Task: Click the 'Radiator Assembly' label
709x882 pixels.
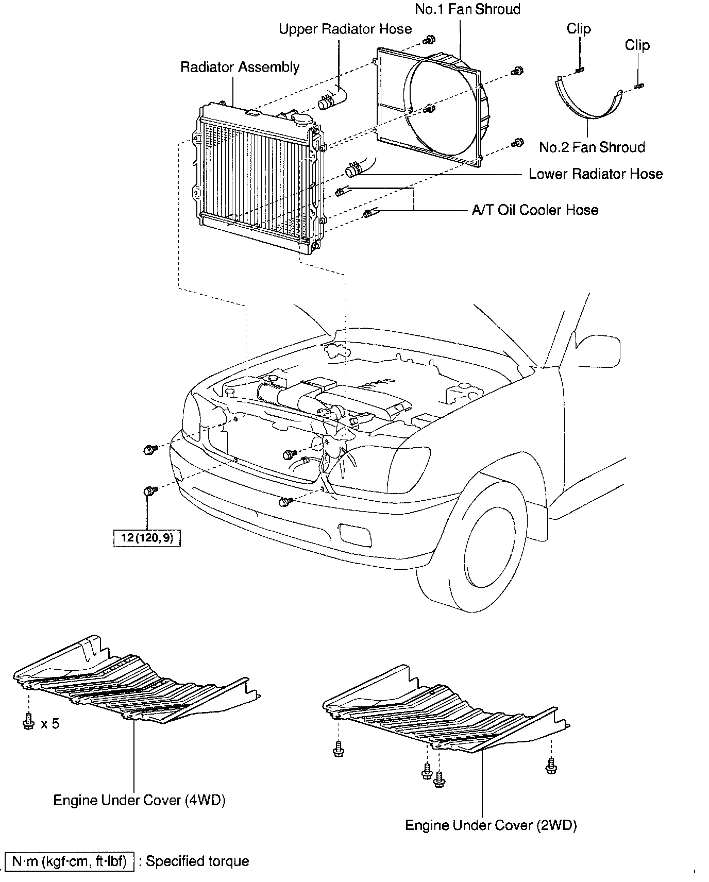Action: pos(240,67)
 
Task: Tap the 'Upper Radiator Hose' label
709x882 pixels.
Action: pos(345,29)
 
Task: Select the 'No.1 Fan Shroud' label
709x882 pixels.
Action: pos(467,9)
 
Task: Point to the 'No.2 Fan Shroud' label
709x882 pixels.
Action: pos(592,147)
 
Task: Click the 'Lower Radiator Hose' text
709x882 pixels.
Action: pos(596,174)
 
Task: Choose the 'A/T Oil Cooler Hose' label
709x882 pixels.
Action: pos(535,210)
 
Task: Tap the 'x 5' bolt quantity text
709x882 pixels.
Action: pos(50,724)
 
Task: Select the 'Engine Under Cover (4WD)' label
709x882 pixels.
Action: pos(140,800)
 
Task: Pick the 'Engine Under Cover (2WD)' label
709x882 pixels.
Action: pos(491,825)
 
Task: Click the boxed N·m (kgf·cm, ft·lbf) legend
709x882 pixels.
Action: pos(69,861)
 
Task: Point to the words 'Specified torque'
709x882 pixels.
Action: pos(197,861)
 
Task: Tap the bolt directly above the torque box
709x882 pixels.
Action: pos(149,491)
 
